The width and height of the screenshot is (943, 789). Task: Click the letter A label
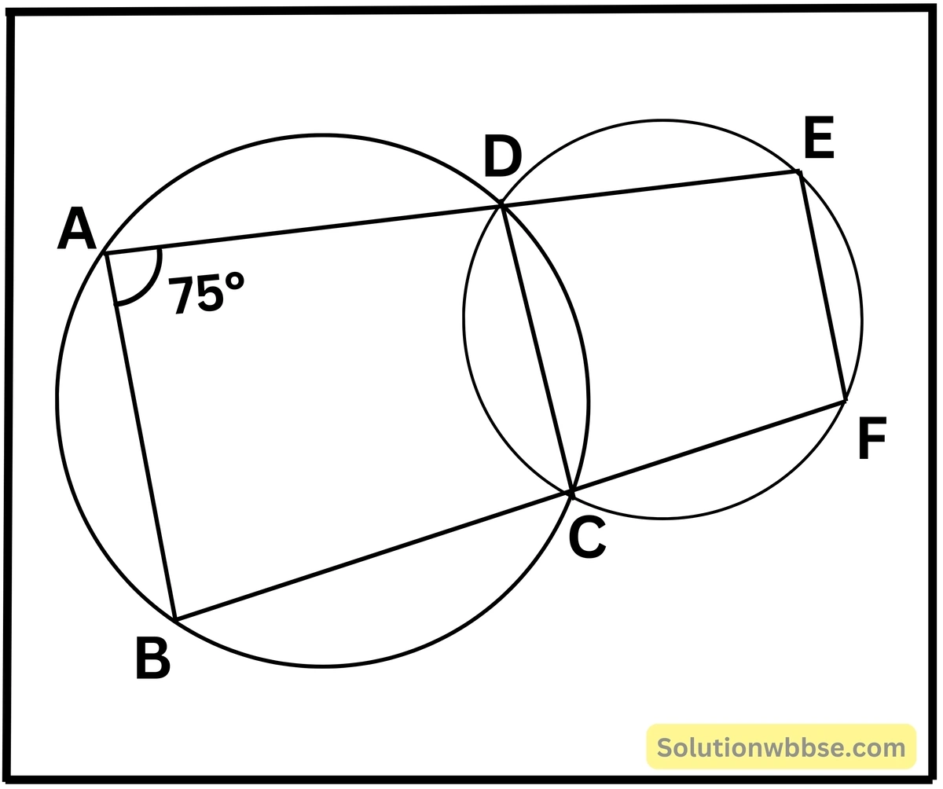pyautogui.click(x=77, y=229)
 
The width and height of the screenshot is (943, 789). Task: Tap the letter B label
pyautogui.click(x=153, y=658)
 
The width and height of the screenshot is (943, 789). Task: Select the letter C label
pyautogui.click(x=587, y=538)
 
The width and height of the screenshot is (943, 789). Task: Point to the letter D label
pyautogui.click(x=502, y=157)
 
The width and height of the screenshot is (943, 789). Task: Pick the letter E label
pyautogui.click(x=819, y=138)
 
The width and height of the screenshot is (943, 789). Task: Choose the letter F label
pyautogui.click(x=872, y=438)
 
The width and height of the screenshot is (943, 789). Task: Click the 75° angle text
pyautogui.click(x=206, y=294)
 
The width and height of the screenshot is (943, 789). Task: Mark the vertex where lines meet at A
pyautogui.click(x=105, y=254)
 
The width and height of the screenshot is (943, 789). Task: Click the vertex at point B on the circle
pyautogui.click(x=175, y=619)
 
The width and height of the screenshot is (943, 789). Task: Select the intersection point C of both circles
pyautogui.click(x=571, y=494)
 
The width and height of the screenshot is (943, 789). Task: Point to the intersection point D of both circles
pyautogui.click(x=501, y=205)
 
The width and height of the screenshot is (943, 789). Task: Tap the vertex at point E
pyautogui.click(x=799, y=171)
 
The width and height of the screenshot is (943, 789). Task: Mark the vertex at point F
pyautogui.click(x=844, y=401)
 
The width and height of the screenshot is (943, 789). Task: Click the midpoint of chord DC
pyautogui.click(x=536, y=350)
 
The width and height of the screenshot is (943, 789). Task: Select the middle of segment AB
pyautogui.click(x=140, y=437)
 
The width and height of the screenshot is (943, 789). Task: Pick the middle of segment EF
pyautogui.click(x=821, y=286)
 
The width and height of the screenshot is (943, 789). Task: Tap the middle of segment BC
pyautogui.click(x=373, y=556)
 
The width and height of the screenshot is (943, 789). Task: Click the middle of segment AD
pyautogui.click(x=303, y=229)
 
